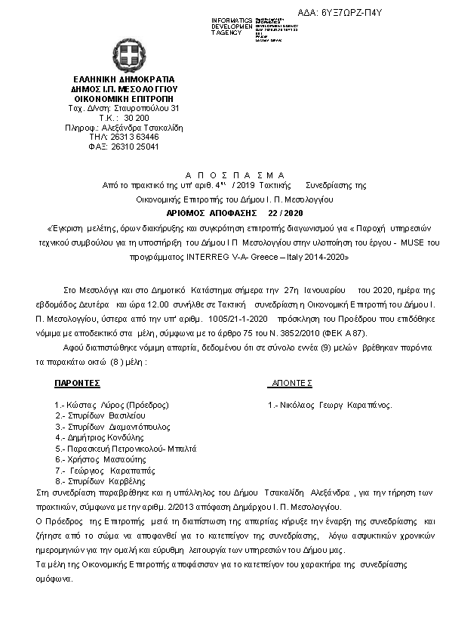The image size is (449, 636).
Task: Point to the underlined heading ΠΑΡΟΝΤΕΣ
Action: pos(78,384)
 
